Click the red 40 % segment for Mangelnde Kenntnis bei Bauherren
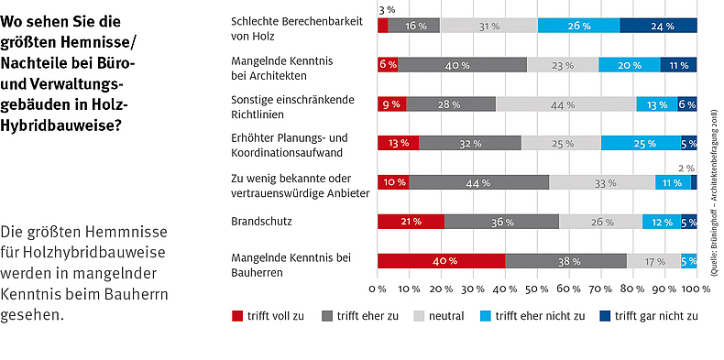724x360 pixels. coord(441,261)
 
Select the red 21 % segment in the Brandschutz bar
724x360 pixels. coord(411,222)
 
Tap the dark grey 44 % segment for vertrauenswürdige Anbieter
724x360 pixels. coord(478,182)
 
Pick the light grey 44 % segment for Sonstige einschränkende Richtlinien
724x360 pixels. coord(565,104)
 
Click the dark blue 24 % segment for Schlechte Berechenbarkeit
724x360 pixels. coord(658,26)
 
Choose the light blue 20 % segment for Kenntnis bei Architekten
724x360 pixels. coord(630,65)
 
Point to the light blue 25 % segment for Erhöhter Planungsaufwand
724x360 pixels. coord(641,143)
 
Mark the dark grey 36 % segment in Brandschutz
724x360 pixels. coord(501,222)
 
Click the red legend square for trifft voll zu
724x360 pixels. coord(238,316)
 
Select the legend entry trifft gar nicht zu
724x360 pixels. coord(653,316)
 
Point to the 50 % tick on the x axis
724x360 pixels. coord(537,289)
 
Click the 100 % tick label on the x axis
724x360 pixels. coord(697,289)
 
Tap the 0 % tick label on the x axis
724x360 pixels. coord(377,289)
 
